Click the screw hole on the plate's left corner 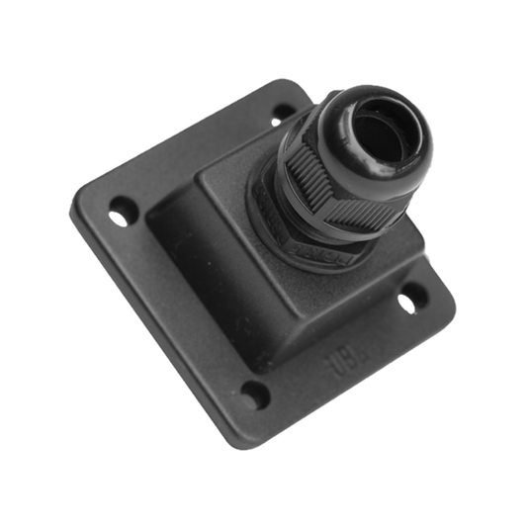click(122, 208)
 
